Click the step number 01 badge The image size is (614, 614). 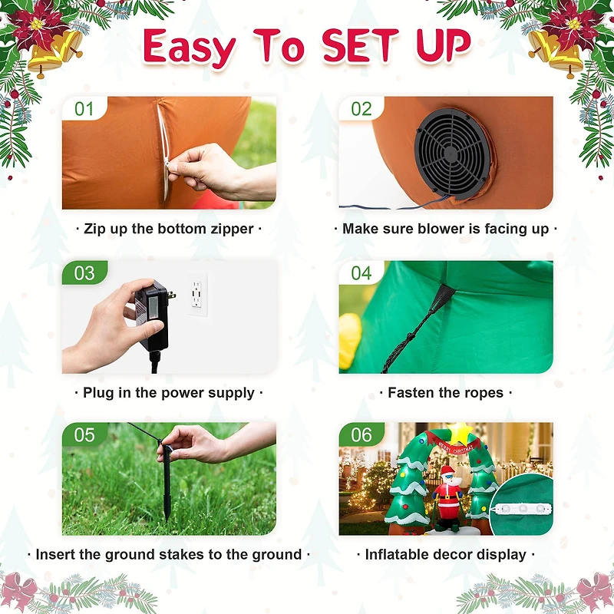(x=84, y=108)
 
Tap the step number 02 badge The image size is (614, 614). (x=361, y=108)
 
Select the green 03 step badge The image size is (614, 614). (x=84, y=272)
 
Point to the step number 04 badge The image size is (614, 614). (x=361, y=272)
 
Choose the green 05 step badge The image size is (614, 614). (x=84, y=434)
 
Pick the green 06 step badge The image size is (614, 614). (x=361, y=434)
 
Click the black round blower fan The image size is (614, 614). (x=453, y=152)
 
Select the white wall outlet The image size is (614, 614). (x=197, y=294)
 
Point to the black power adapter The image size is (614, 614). (x=152, y=315)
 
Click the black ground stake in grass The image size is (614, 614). (x=167, y=482)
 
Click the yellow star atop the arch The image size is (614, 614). (x=460, y=433)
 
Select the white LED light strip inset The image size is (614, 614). (x=523, y=509)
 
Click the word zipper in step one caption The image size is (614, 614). (x=233, y=229)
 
